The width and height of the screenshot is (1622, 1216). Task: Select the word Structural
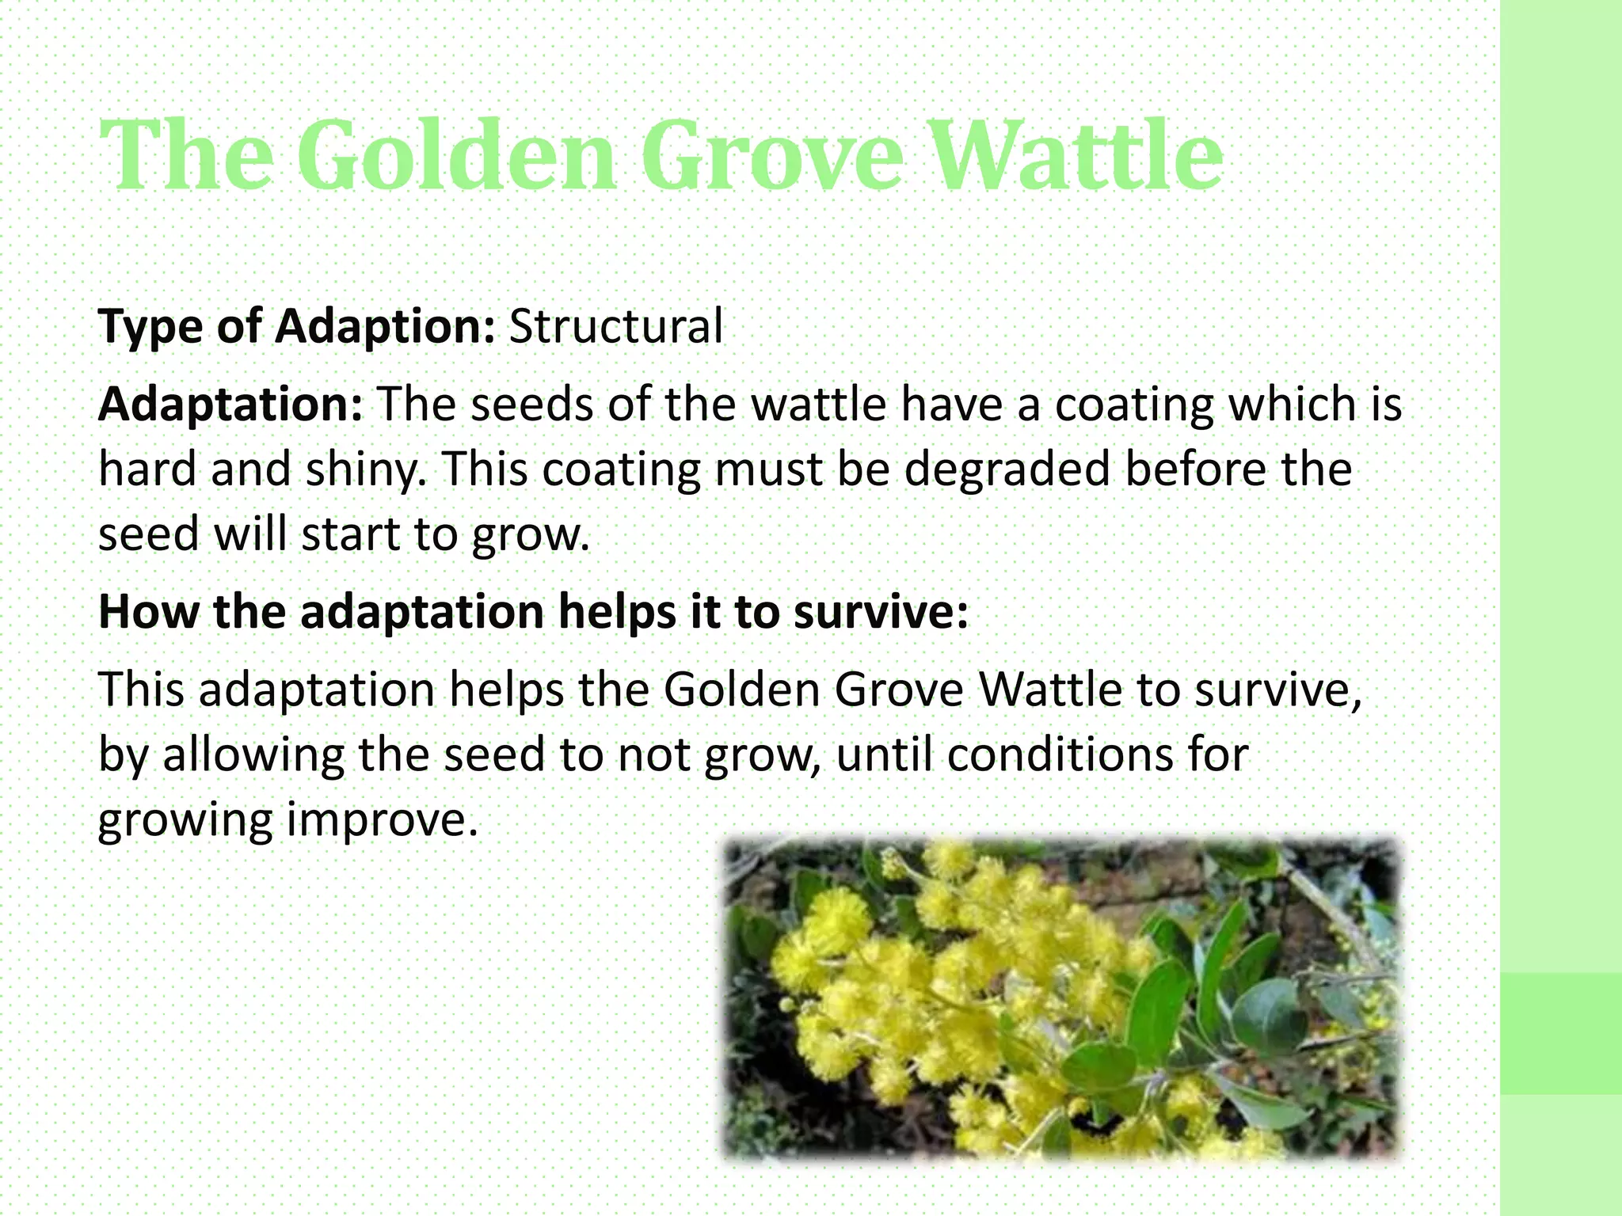615,325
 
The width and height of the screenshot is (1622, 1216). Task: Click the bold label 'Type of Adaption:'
296,325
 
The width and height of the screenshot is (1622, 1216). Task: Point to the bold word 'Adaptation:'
230,404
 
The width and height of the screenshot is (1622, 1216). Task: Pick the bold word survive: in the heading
881,611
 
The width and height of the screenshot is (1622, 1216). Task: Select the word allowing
253,754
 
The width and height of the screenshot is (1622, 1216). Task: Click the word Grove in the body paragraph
898,689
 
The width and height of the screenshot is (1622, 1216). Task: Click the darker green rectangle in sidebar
1560,1033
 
